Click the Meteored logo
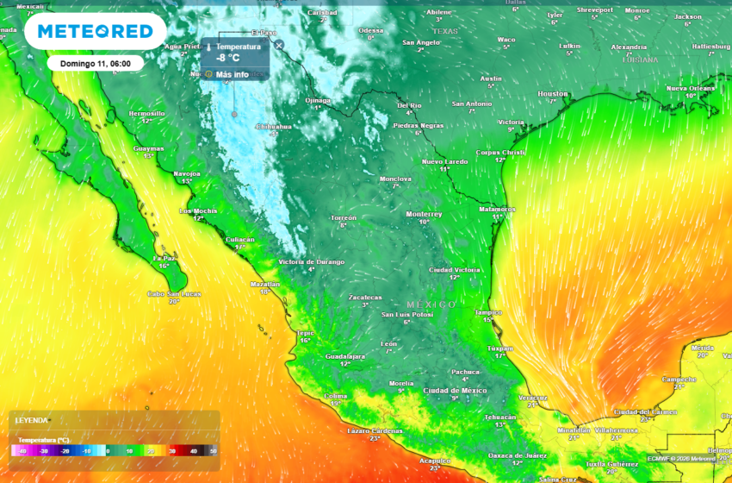95,32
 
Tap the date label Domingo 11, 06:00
96,64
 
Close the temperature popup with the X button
279,45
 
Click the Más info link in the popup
232,75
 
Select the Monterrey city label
424,213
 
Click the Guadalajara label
344,356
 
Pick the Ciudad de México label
455,391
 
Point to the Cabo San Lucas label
174,294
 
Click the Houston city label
552,93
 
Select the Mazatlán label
265,284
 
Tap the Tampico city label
487,312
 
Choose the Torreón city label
344,217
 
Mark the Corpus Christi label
500,153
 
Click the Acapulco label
434,461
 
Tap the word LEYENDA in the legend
32,420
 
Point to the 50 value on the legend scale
213,451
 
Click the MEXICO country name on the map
431,304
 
